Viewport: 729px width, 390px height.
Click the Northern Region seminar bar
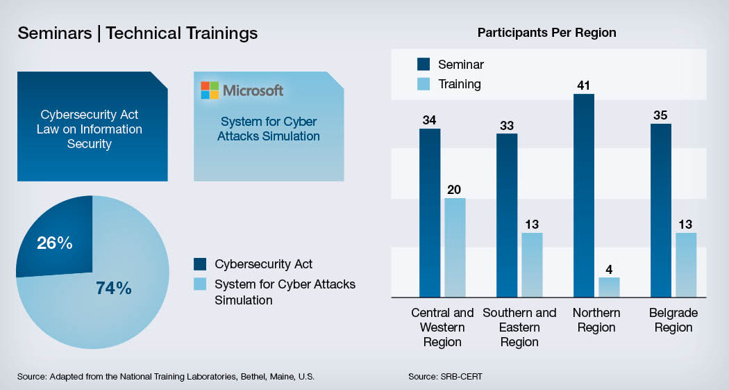click(x=583, y=195)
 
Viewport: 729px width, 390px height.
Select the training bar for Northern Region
click(x=609, y=287)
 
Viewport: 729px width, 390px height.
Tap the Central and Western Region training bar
click(x=455, y=247)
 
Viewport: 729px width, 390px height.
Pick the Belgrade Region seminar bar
click(x=661, y=211)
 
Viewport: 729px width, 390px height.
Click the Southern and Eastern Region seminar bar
click(x=507, y=216)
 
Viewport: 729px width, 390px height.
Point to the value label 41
click(x=583, y=86)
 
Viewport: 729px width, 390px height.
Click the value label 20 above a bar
click(x=454, y=190)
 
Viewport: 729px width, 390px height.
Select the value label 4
click(x=609, y=270)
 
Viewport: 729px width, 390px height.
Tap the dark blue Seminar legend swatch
click(x=424, y=64)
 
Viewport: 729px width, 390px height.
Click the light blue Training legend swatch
click(x=424, y=84)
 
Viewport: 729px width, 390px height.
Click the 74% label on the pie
click(x=114, y=288)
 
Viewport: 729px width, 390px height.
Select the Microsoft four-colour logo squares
click(x=210, y=90)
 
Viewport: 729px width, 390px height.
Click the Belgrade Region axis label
click(x=673, y=320)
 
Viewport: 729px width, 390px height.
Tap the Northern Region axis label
click(x=596, y=320)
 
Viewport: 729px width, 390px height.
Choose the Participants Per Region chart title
click(x=547, y=33)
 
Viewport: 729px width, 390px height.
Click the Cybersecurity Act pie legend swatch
click(x=200, y=264)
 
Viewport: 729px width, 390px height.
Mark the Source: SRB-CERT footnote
click(x=446, y=376)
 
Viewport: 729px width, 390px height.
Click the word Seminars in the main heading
click(x=55, y=33)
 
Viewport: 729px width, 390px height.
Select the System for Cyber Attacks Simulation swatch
click(x=200, y=284)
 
